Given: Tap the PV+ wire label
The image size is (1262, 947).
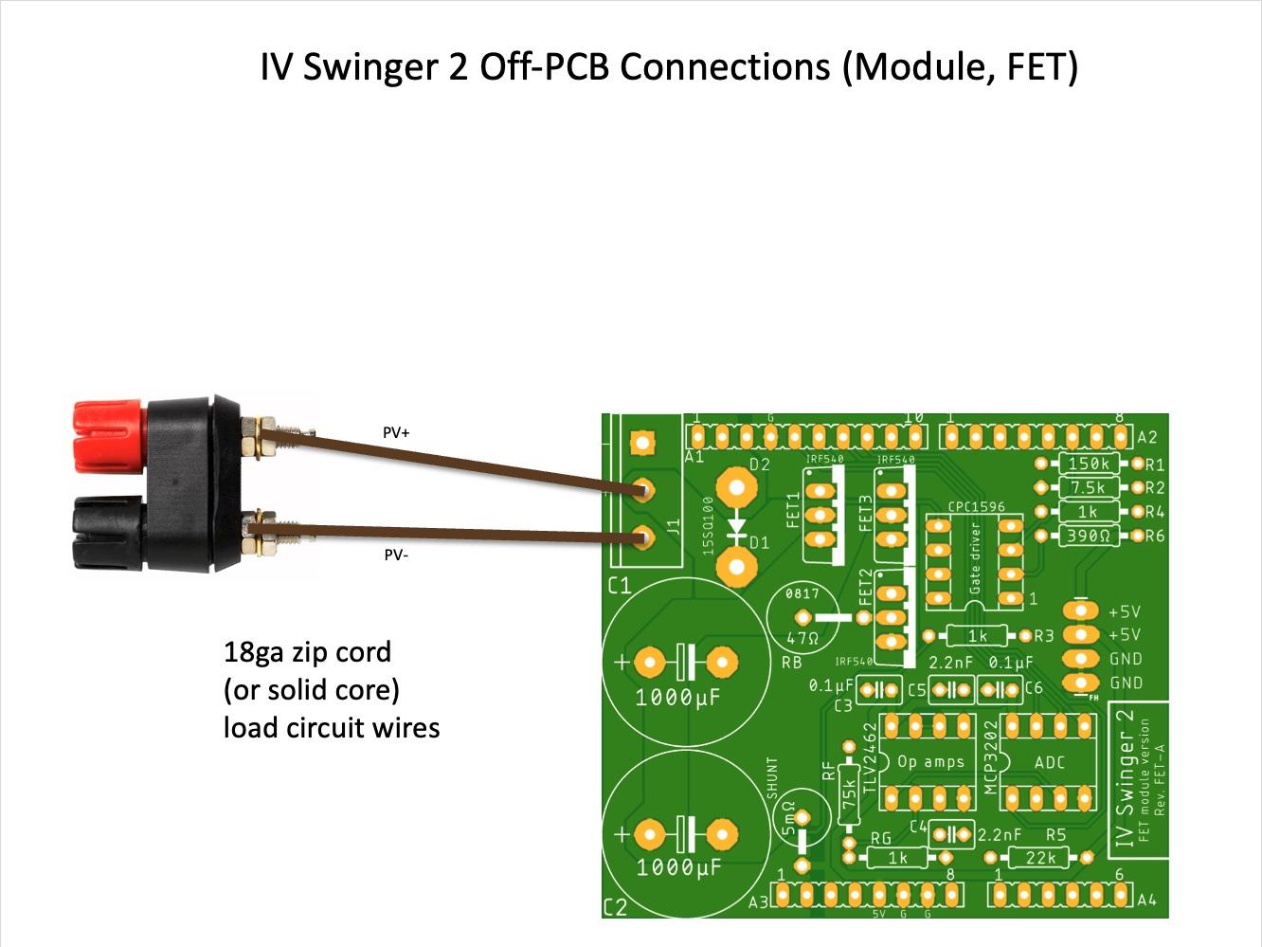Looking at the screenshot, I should (x=396, y=432).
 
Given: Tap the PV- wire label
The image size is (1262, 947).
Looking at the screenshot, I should (x=396, y=555).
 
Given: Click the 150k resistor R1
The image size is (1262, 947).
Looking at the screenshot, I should (x=1089, y=464).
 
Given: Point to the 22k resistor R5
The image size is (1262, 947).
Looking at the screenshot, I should (x=1041, y=858).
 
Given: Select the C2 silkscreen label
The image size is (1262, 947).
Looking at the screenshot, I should (x=616, y=907).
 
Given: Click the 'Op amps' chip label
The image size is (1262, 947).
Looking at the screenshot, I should (x=930, y=762).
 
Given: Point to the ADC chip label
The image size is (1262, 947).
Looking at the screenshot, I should (x=1050, y=762).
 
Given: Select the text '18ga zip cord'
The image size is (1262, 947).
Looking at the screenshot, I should (x=307, y=652).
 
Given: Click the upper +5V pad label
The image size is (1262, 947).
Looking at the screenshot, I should (x=1124, y=611).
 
